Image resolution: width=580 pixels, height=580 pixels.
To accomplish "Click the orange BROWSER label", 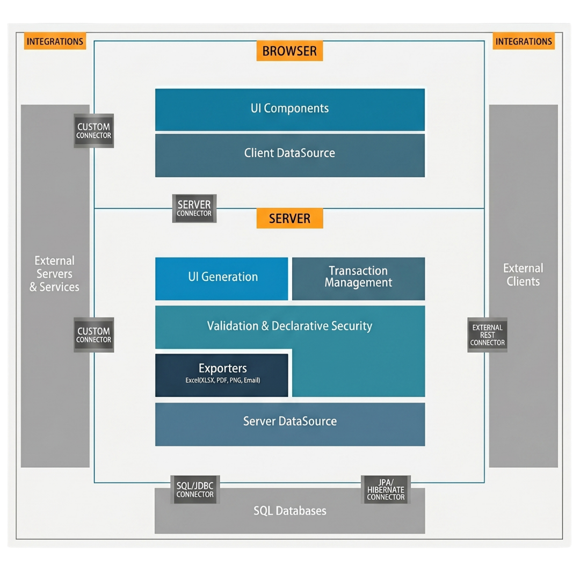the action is [289, 50].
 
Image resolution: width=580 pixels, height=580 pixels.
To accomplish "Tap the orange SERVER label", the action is [289, 218].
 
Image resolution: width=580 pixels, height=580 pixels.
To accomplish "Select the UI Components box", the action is [290, 109].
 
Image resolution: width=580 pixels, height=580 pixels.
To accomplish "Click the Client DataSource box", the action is [290, 155].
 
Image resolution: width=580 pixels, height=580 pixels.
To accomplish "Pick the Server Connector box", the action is [194, 208].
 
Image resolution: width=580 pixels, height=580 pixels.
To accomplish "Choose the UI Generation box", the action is [222, 279].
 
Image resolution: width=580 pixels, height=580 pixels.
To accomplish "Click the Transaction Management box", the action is [358, 279].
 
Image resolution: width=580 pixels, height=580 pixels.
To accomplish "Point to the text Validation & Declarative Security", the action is [289, 326].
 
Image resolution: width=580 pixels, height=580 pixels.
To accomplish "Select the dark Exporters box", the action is [222, 375].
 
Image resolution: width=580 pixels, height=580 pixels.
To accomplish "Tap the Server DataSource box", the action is [290, 424].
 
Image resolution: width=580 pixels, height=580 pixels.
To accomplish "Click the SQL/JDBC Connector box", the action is [195, 489].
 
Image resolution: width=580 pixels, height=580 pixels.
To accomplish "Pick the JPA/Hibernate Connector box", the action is [386, 489].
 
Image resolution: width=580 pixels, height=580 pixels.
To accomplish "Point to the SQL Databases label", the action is [290, 511].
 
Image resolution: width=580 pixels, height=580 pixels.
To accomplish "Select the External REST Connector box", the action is [487, 335].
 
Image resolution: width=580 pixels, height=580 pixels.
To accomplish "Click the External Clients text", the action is [523, 275].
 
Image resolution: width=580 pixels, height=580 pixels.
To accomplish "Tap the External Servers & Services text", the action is [54, 274].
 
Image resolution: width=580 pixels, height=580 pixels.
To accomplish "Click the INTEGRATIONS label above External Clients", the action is [524, 41].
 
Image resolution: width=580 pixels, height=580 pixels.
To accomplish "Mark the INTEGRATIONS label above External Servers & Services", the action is [55, 41].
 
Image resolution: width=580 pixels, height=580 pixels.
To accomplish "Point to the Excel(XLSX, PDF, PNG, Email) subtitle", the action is [223, 380].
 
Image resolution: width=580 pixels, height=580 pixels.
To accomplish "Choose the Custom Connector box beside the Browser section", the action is [93, 130].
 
